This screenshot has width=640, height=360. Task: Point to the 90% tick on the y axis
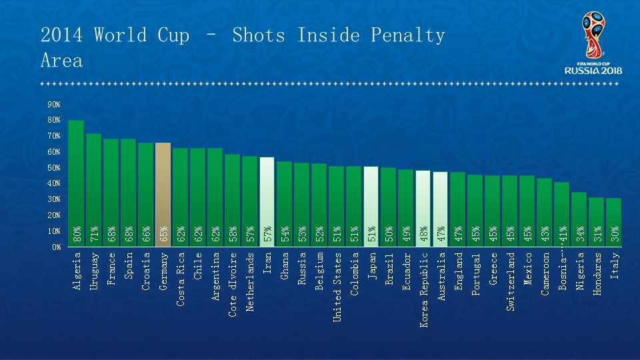53,105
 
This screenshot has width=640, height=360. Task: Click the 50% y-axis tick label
53,168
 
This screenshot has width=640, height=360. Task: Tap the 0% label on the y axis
55,247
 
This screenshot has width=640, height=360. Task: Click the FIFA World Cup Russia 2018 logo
593,43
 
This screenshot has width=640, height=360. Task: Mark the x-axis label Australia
440,277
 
